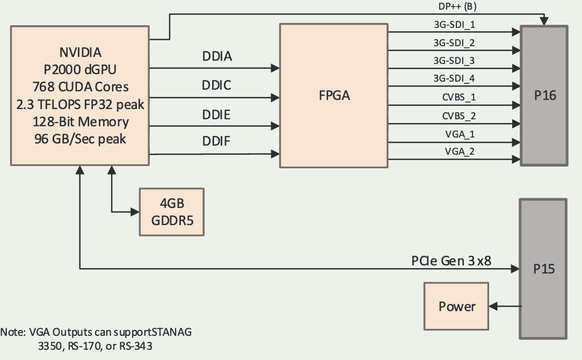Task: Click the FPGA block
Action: (x=333, y=95)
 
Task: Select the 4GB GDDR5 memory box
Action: (x=172, y=212)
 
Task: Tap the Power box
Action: (x=457, y=307)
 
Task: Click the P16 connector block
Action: (x=544, y=95)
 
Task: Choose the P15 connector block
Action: (x=543, y=269)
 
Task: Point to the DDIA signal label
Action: (x=217, y=56)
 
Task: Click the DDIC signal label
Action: (x=217, y=85)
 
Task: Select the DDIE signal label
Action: (x=217, y=114)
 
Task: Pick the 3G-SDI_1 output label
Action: (x=454, y=24)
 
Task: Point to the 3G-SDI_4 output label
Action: (x=454, y=79)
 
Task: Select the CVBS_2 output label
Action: (x=459, y=116)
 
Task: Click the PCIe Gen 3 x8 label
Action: (x=451, y=261)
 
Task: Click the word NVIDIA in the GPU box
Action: (x=81, y=53)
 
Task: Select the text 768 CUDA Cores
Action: (x=81, y=87)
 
